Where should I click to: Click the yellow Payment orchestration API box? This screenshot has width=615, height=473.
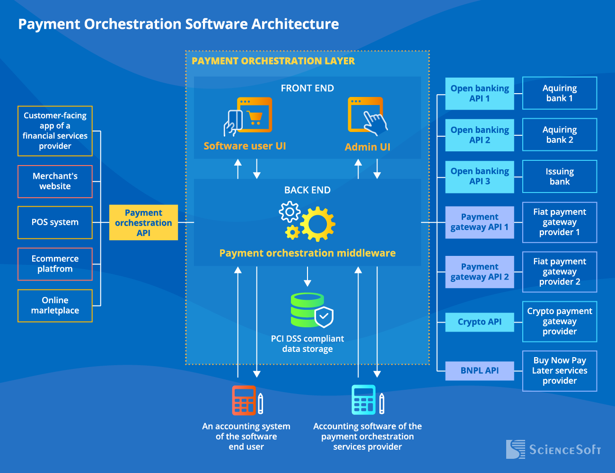pos(143,222)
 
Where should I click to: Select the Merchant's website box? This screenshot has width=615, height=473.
pos(55,181)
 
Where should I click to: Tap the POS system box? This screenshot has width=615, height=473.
pos(55,222)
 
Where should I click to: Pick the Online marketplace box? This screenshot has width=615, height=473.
pos(55,306)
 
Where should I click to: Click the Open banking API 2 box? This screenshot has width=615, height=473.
pos(479,135)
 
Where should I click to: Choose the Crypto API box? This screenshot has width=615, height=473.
pos(479,322)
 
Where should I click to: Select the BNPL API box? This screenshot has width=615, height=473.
pos(479,370)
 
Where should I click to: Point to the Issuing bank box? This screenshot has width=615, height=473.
pos(559,176)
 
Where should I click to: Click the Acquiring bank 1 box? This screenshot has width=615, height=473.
pos(559,93)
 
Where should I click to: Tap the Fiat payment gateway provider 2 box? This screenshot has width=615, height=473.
pos(559,272)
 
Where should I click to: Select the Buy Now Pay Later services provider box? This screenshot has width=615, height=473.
pos(559,370)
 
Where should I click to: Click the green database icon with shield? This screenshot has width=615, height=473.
pos(310,311)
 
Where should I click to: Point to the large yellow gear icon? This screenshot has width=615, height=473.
pos(317,224)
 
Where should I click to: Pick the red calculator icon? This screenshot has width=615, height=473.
pos(244,400)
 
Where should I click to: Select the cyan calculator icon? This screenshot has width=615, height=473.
pos(364,400)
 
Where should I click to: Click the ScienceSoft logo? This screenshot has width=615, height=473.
pos(553,449)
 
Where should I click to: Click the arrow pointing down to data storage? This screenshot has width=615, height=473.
pos(307,277)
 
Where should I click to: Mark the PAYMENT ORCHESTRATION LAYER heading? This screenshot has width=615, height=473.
pos(273,61)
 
